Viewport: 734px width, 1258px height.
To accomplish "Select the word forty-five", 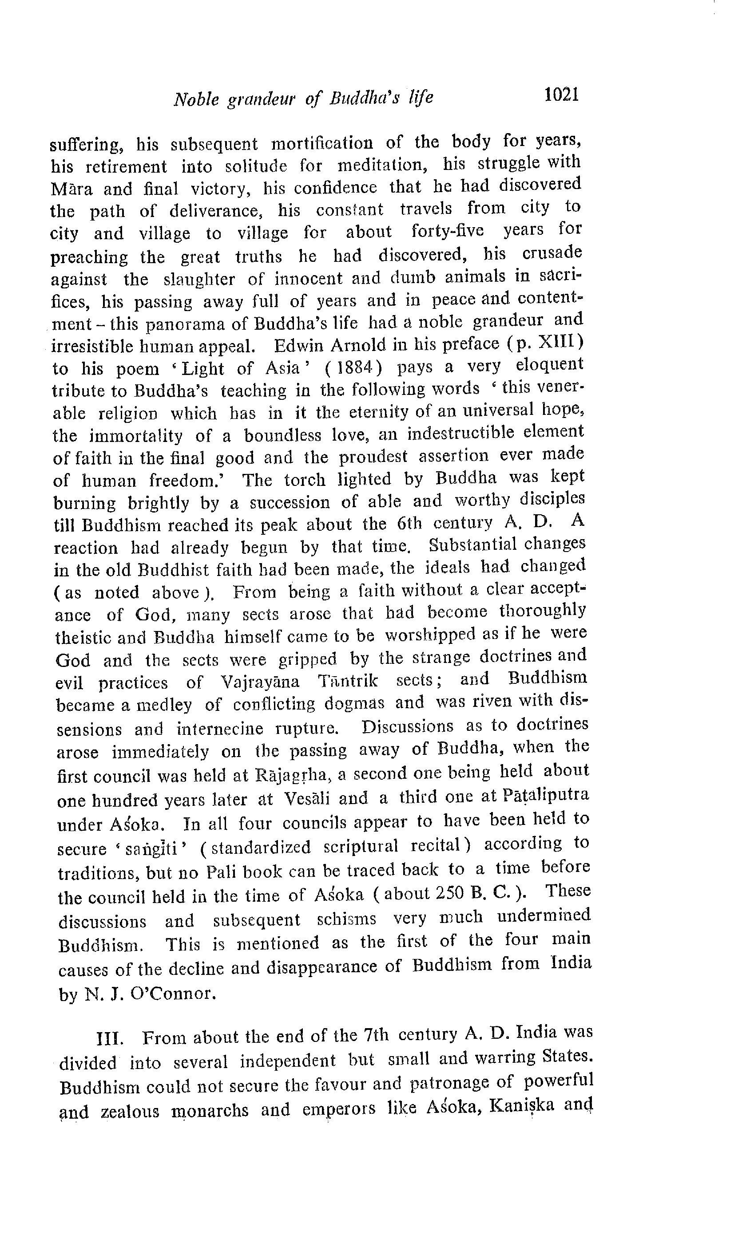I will click(447, 231).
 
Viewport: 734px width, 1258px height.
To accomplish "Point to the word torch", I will click(304, 480).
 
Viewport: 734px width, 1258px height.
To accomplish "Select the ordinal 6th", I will click(409, 524).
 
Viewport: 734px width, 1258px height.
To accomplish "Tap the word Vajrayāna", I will click(260, 682).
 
